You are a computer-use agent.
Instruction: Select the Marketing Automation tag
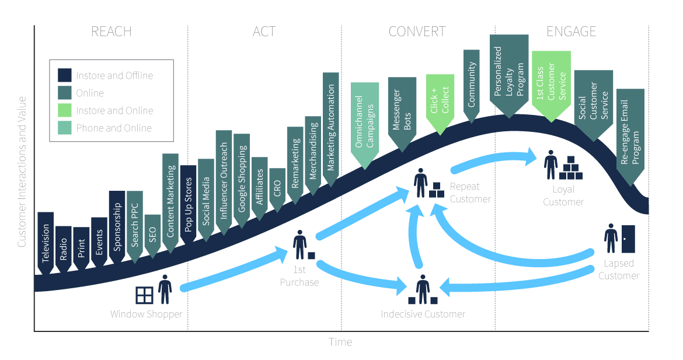pos(330,129)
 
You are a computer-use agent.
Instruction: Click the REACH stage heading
pos(111,32)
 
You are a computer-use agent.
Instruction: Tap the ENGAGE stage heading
pos(571,32)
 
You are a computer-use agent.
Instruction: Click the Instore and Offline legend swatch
pos(64,75)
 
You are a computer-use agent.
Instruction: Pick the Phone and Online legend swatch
pos(64,128)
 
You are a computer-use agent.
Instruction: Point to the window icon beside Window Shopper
pos(144,295)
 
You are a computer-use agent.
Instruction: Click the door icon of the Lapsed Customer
pos(628,239)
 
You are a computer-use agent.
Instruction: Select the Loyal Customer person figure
pos(551,165)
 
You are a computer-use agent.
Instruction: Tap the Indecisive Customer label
pos(423,314)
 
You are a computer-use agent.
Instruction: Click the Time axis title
pos(340,342)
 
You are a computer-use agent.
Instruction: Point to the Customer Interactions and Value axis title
pos(22,172)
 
